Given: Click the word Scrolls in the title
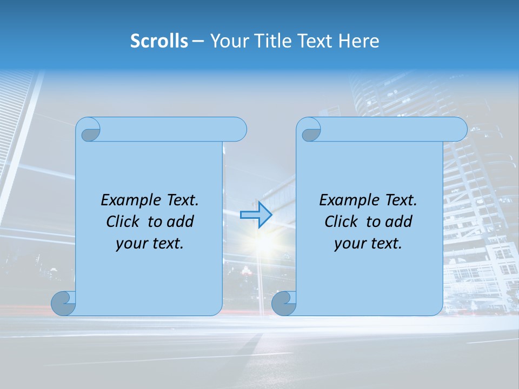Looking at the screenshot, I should (159, 41).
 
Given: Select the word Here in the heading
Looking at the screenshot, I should (359, 41).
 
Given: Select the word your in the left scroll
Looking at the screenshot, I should (130, 244).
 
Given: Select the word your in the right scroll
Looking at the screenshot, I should (348, 244).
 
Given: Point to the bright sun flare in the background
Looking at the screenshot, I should (264, 242).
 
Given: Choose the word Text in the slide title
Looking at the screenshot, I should (315, 41).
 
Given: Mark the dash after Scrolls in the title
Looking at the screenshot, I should (198, 41).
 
